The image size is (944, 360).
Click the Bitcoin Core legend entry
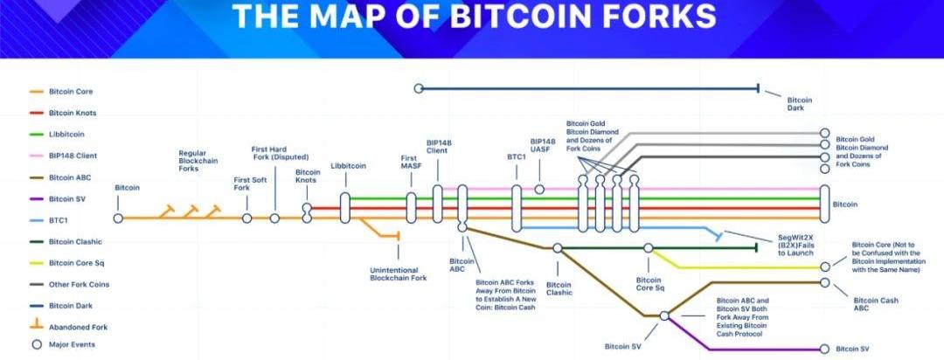tap(71, 92)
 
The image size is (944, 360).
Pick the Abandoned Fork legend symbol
tap(36, 326)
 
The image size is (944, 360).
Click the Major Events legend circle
tap(36, 344)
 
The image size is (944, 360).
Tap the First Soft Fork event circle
tap(246, 218)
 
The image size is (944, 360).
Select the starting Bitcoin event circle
tap(118, 218)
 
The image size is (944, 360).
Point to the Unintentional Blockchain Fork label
tap(399, 273)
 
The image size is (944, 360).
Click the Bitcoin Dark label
tap(800, 105)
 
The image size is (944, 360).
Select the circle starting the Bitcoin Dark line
tap(419, 88)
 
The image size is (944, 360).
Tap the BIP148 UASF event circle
tap(539, 189)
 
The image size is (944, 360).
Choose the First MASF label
tap(411, 163)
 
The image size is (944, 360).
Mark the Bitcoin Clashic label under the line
tap(559, 288)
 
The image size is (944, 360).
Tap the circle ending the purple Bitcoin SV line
tap(825, 349)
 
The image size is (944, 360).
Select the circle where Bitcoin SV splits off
tap(664, 315)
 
